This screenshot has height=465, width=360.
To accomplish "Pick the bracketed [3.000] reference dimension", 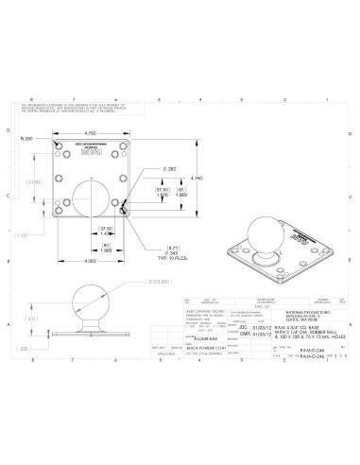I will (33, 182).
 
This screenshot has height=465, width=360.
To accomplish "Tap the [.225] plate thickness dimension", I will (23, 349).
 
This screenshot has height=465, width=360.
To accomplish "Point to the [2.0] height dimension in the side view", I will (30, 319).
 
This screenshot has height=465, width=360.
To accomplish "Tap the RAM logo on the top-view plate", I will (92, 149).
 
